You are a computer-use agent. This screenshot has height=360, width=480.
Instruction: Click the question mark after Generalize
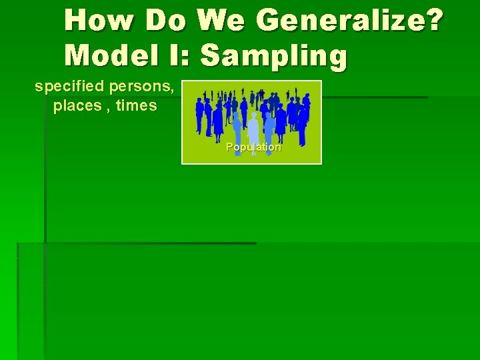(x=433, y=21)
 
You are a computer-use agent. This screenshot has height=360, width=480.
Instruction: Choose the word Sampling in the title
(x=274, y=57)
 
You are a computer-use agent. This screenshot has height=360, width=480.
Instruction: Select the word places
(x=76, y=106)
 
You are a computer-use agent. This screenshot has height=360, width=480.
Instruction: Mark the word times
(x=136, y=106)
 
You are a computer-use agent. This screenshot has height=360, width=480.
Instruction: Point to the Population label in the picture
(x=253, y=147)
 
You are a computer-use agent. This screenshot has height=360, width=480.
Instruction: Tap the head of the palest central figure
(x=254, y=115)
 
